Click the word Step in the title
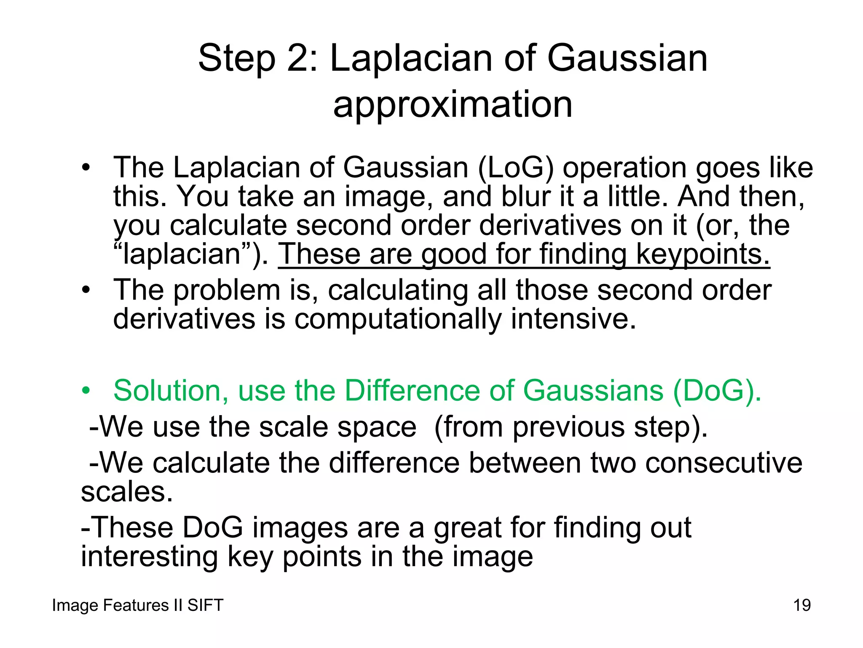click(236, 59)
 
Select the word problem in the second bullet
click(227, 291)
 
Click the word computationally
click(398, 319)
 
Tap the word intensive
click(573, 319)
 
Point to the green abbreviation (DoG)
click(717, 391)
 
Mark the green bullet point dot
click(86, 391)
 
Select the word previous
click(568, 427)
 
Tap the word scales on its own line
click(127, 492)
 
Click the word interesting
click(149, 557)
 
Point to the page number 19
click(802, 605)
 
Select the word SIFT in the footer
click(205, 605)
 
